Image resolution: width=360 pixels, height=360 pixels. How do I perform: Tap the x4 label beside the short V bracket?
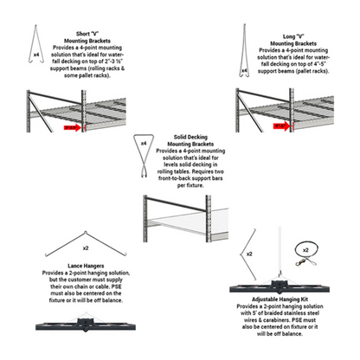[35, 55]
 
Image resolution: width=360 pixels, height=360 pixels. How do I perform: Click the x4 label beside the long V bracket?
[245, 71]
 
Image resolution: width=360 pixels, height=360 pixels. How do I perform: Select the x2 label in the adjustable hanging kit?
[249, 254]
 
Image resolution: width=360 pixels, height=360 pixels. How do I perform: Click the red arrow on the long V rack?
[281, 125]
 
